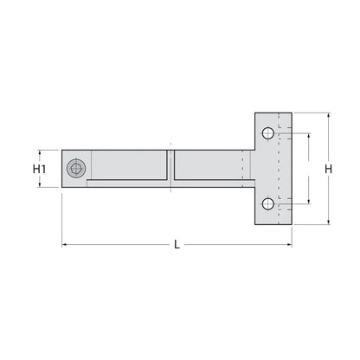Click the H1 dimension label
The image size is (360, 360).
[x=39, y=168]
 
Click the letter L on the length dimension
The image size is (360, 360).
[x=177, y=245]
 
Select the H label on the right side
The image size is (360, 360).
[x=328, y=168]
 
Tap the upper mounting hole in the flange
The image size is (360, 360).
[x=268, y=133]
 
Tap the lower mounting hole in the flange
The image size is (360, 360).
[x=268, y=204]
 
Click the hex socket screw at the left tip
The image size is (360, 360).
[x=78, y=168]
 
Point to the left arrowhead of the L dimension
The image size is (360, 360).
[x=65, y=245]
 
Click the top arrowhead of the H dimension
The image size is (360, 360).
[x=328, y=116]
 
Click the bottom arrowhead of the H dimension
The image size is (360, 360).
[x=328, y=222]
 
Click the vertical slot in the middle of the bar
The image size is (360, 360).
[x=171, y=166]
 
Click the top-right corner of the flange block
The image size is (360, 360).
[x=292, y=112]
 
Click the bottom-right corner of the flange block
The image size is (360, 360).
[x=292, y=225]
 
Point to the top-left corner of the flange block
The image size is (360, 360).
[x=254, y=112]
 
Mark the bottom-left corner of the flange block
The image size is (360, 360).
[x=254, y=225]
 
